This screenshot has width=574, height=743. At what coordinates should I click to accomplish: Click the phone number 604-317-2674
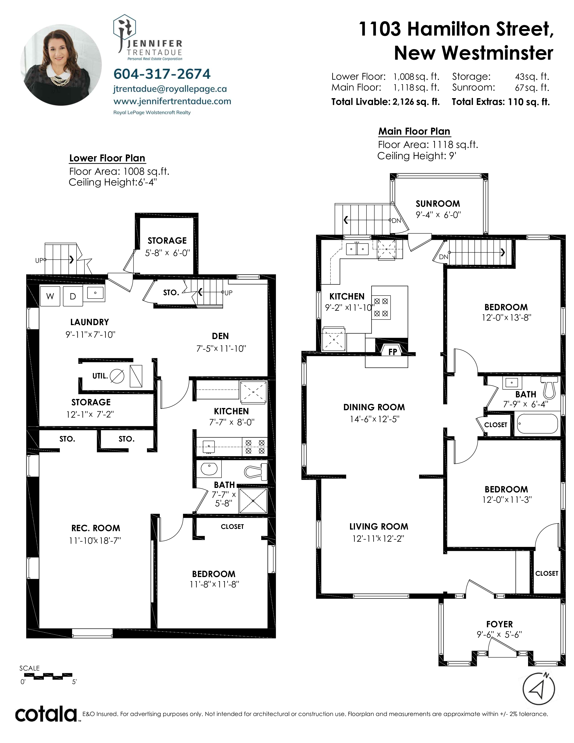pos(162,74)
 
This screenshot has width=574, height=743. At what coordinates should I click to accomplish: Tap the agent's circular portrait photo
pos(61,65)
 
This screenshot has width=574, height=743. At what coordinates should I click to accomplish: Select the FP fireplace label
pos(393,352)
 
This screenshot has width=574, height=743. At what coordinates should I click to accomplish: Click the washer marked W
pos(50,296)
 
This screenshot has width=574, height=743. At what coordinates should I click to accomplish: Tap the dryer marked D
pos(72,296)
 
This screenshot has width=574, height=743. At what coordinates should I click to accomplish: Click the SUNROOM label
pos(438,204)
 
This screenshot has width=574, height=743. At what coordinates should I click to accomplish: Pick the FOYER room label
pos(499,624)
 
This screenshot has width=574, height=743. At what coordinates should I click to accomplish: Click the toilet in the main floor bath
pos(549,387)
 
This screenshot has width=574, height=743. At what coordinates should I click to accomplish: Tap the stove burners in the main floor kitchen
pos(381,307)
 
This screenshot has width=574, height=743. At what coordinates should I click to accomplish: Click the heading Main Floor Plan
pos(414,131)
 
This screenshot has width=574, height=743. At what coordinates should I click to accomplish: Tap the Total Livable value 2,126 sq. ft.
pos(416,102)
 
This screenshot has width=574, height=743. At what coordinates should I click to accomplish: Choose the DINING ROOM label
pos(374,407)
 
